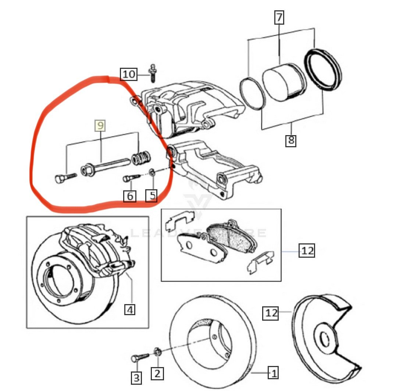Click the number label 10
pos(129,74)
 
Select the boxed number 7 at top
pos(279,17)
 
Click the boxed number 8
pos(290,140)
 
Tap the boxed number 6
pos(129,196)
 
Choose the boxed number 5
pos(151,195)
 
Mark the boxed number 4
pos(129,310)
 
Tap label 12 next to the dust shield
pos(271,313)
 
